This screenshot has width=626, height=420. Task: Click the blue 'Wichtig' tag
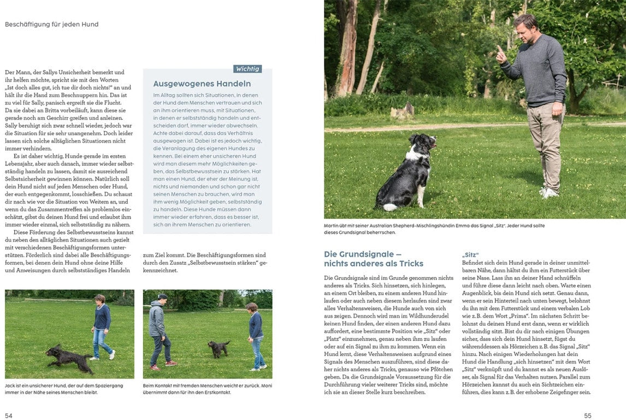click(247, 69)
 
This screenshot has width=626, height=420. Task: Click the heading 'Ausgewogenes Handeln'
click(202, 84)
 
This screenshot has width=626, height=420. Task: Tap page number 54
click(9, 416)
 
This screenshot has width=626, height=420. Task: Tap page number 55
click(588, 416)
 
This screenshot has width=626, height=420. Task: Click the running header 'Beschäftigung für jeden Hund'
click(52, 25)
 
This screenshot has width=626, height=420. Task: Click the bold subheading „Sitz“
click(470, 255)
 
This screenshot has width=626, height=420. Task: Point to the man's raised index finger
click(498, 50)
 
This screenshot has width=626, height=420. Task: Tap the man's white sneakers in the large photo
click(549, 192)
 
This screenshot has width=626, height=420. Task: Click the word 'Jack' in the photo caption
click(10, 386)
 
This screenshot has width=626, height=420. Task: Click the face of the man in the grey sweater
click(526, 26)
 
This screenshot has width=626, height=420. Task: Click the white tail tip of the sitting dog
click(389, 207)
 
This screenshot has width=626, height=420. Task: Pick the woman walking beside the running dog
click(102, 325)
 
